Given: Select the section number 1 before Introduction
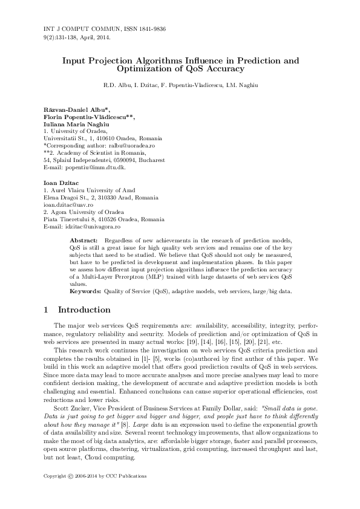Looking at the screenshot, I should click(x=47, y=310).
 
